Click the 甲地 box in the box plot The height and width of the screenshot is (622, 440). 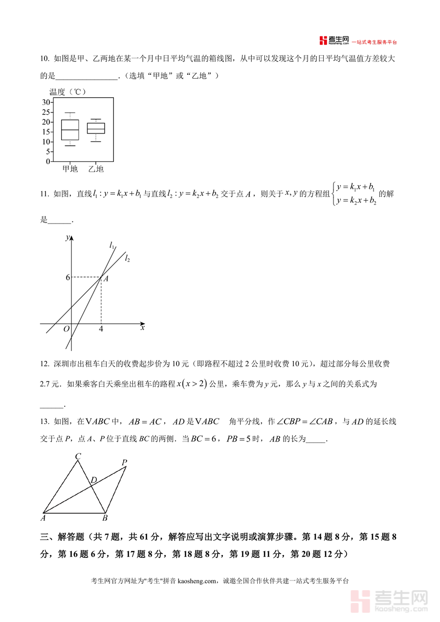[x=70, y=130]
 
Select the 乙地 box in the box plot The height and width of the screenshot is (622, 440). [x=96, y=128]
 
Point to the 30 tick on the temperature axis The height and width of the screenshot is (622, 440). [x=46, y=102]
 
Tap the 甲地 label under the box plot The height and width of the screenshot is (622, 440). [x=70, y=169]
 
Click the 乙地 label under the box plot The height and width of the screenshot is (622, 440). [x=96, y=169]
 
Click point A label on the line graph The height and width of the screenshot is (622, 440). [x=106, y=279]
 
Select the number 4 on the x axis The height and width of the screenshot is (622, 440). [x=101, y=329]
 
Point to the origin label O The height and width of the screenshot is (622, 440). [x=66, y=329]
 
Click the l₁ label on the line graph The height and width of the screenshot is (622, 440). [x=112, y=245]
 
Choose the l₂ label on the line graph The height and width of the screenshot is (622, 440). [x=127, y=258]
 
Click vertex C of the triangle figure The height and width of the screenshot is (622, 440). [x=78, y=457]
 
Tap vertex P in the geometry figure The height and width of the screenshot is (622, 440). [x=125, y=462]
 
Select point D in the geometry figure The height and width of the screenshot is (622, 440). [x=93, y=480]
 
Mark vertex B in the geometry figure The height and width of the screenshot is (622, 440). [x=105, y=517]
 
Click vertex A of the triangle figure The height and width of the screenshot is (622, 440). [x=43, y=517]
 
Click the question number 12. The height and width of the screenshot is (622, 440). [x=44, y=364]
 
